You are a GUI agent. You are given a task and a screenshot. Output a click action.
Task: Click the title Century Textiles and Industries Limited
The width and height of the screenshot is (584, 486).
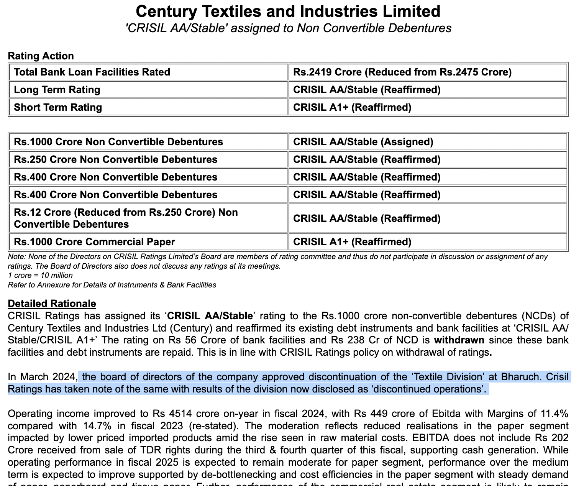[288, 11]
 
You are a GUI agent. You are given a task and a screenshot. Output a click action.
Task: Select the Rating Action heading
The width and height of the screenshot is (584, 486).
[41, 56]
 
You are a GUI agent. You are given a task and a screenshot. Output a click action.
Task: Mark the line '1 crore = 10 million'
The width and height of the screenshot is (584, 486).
[40, 275]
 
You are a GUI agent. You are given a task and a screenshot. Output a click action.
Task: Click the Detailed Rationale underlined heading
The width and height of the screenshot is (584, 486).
[52, 304]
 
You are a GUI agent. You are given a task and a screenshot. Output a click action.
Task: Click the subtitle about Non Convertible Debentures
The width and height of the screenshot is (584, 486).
[288, 28]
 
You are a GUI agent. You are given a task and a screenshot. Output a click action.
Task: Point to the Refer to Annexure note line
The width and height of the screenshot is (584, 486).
[112, 285]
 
